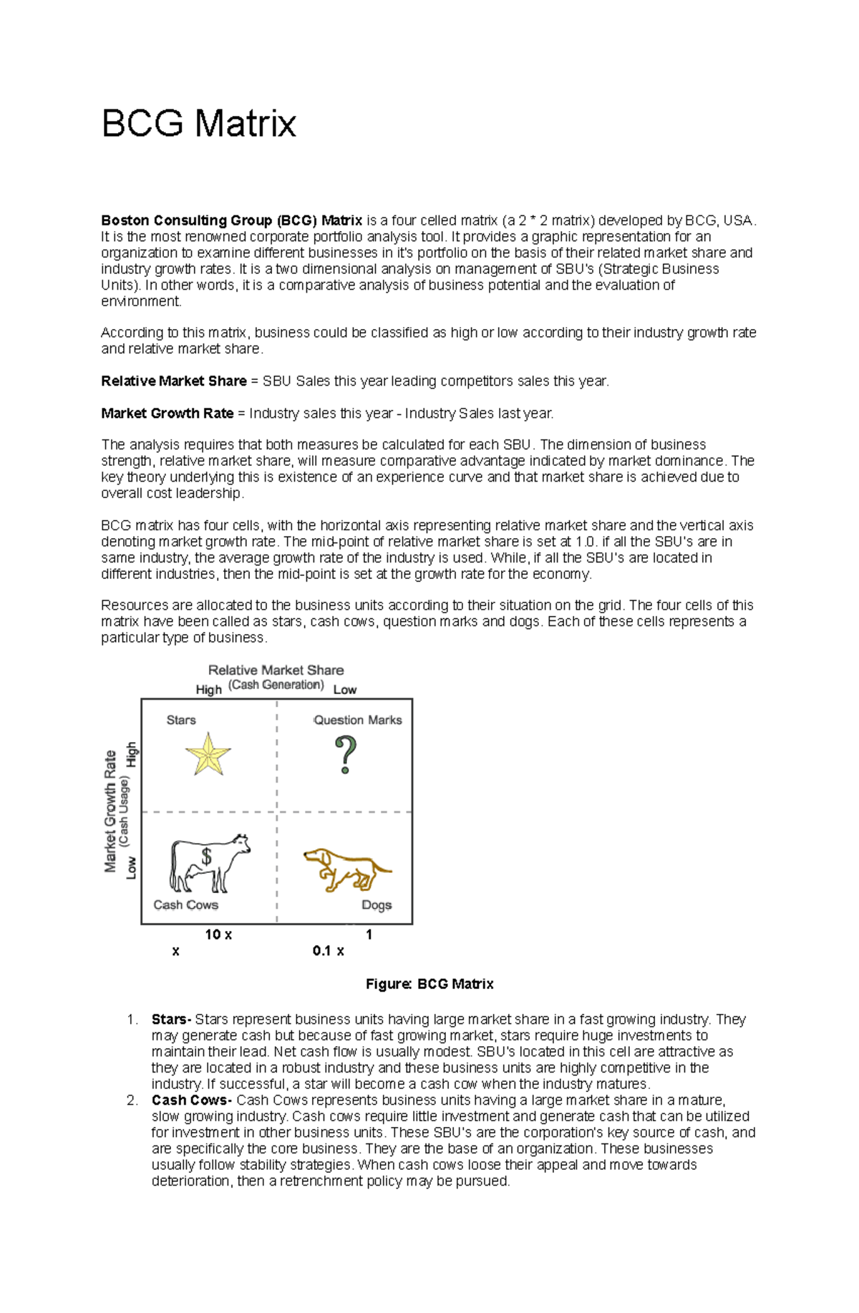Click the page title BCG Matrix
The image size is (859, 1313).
point(198,124)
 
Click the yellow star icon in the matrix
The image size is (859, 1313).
point(208,754)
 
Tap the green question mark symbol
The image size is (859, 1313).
point(346,756)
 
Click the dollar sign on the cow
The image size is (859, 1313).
point(207,856)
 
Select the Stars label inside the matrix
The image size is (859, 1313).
point(180,720)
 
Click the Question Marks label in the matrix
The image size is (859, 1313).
point(357,720)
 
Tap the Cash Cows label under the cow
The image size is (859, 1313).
point(185,904)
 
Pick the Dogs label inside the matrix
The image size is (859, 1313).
point(376,905)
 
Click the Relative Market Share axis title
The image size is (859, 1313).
point(276,670)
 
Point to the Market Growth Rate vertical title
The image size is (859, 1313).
point(110,811)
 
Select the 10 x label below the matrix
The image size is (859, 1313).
point(218,934)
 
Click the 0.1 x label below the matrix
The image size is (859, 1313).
point(328,951)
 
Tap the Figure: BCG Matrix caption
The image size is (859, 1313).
point(429,984)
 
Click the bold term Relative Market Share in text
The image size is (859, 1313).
point(174,381)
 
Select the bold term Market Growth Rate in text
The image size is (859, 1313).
point(167,414)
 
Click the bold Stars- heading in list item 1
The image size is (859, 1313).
point(171,1020)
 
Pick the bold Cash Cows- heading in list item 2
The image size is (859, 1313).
point(191,1100)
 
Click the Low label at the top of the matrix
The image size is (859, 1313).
point(344,690)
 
